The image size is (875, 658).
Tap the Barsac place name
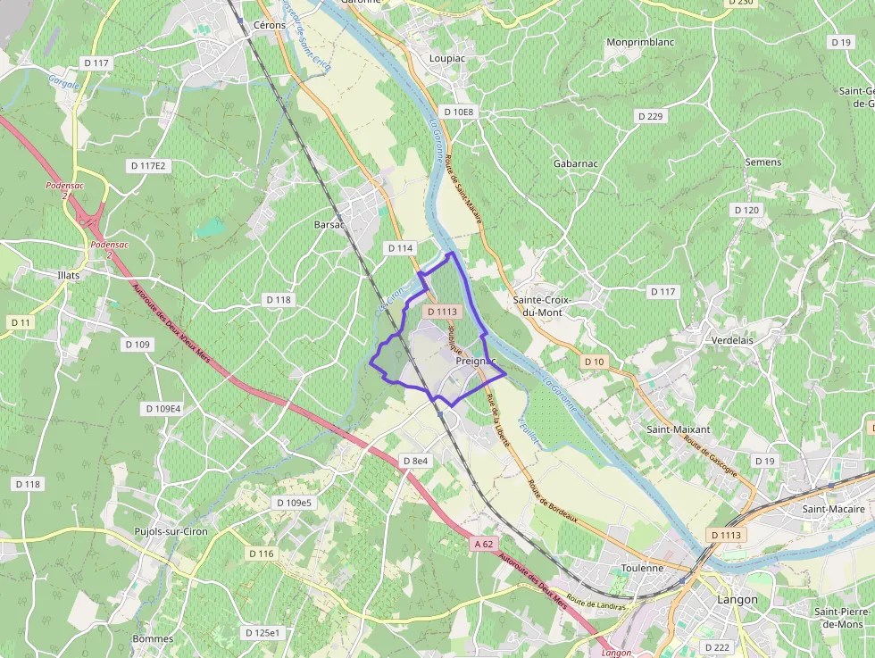coord(329,225)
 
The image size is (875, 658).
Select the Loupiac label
coord(447,58)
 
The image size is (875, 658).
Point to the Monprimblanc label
coord(637,42)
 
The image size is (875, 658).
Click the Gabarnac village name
coord(575,163)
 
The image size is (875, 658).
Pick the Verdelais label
coord(734,340)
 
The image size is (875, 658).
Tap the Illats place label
coord(68,275)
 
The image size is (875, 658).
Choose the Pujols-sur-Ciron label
coord(171,531)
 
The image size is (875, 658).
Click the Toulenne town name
coord(643,568)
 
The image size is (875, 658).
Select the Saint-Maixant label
coord(679,429)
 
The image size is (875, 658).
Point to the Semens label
coord(763,162)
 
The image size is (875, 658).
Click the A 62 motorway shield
coord(484,544)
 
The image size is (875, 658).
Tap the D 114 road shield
coord(401,247)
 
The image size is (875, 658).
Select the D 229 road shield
coord(651,117)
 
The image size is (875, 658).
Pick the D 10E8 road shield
coord(459,112)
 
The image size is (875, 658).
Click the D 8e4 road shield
coord(415,461)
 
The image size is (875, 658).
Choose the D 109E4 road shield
coord(162,408)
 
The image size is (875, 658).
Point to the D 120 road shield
coord(746,210)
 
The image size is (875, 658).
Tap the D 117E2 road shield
coord(148,166)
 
